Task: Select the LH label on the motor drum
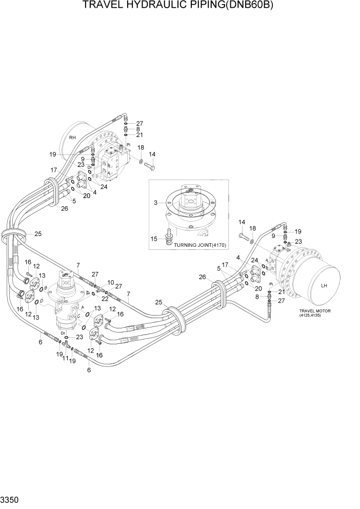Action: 324,286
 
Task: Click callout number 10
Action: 110,282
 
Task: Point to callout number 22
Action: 105,298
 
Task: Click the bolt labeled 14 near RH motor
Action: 149,165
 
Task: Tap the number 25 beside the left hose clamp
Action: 37,234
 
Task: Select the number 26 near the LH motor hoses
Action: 203,278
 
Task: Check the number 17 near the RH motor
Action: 53,170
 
